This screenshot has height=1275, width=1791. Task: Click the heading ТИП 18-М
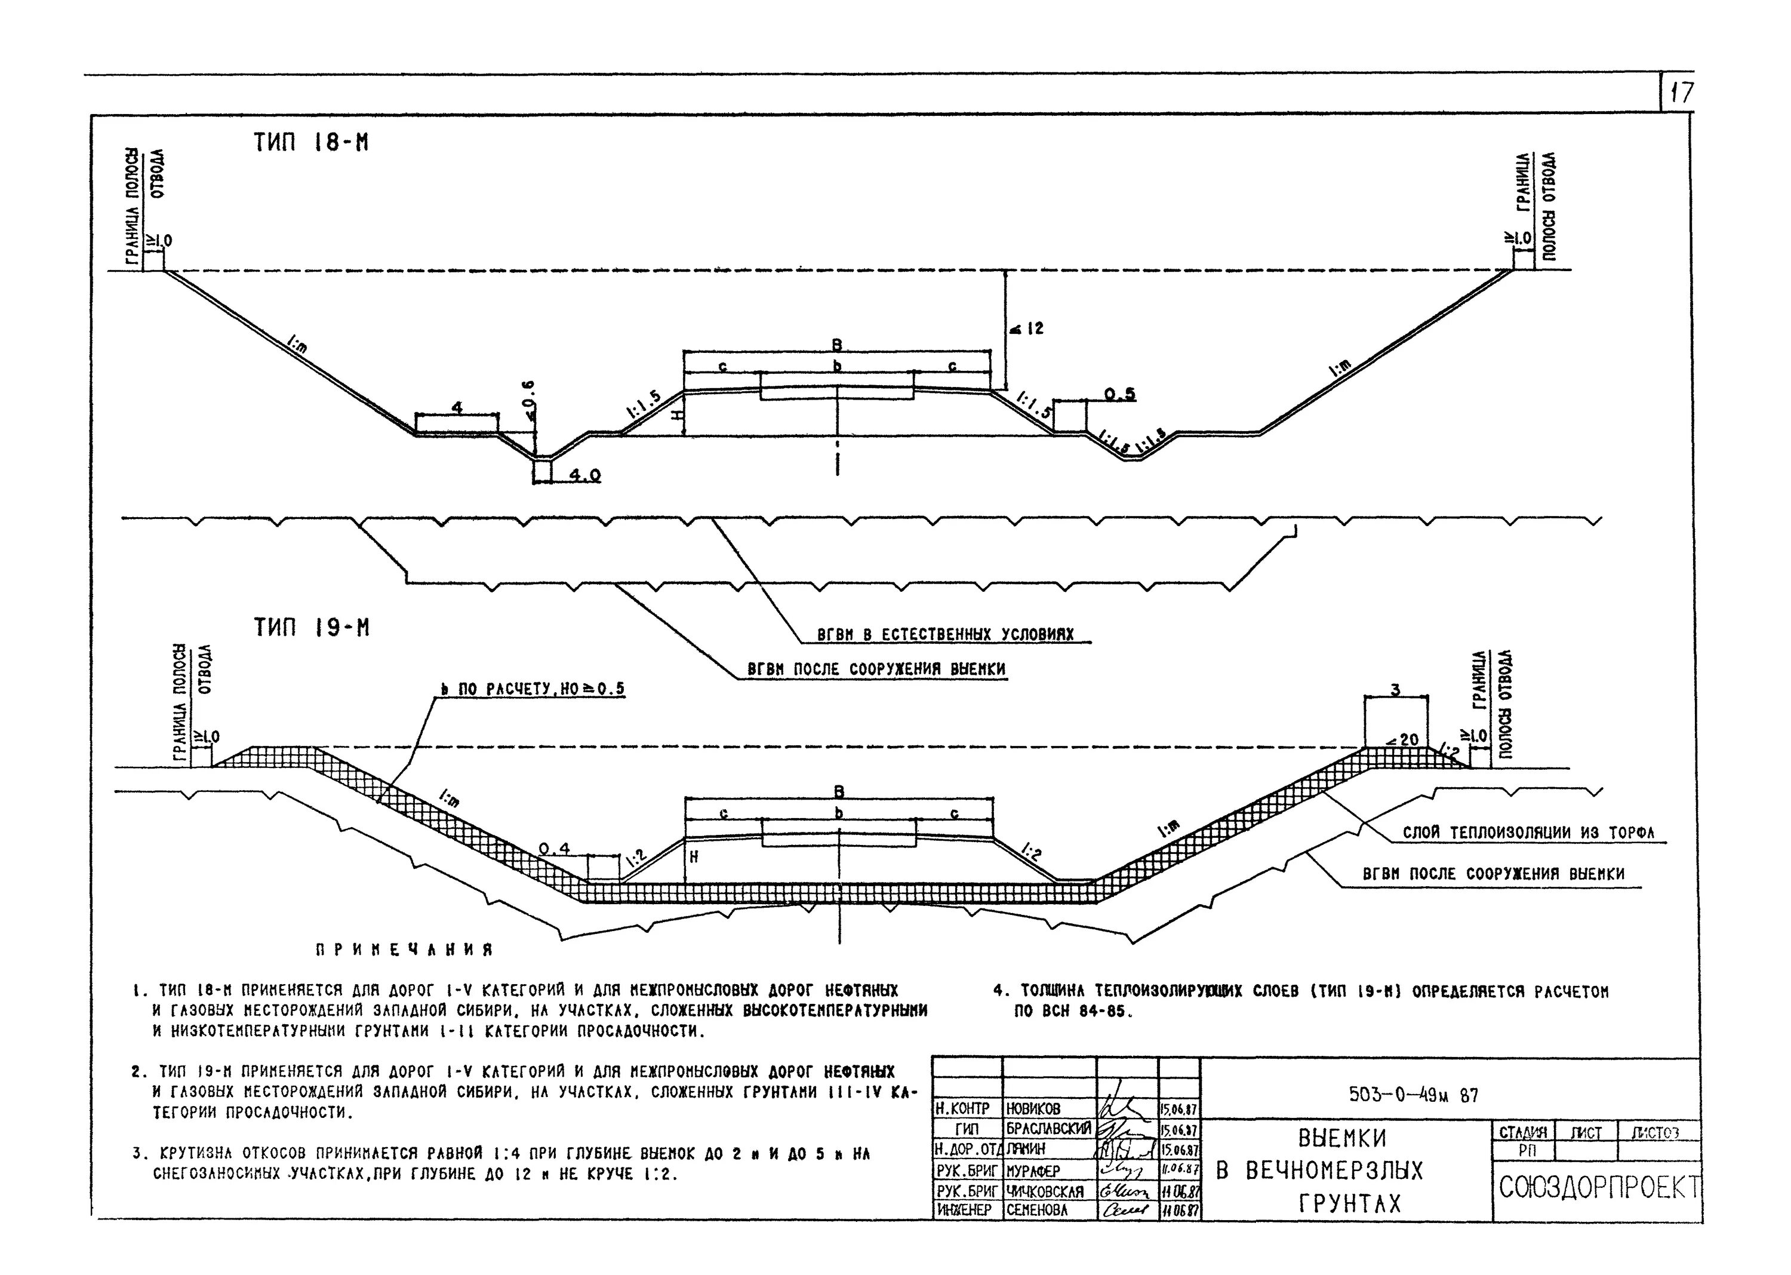tap(311, 143)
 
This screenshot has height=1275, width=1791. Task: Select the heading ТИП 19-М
tap(311, 628)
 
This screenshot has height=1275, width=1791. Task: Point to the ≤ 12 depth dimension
tap(1027, 328)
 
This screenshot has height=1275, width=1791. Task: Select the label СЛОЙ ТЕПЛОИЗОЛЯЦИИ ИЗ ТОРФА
tap(1528, 833)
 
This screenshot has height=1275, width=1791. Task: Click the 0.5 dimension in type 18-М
tap(1120, 394)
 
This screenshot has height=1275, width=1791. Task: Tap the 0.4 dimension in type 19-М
tap(554, 849)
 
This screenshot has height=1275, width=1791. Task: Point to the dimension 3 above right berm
tap(1395, 690)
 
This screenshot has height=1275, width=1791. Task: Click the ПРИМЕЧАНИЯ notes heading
tap(404, 950)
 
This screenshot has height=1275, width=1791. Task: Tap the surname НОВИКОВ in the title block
tap(1033, 1108)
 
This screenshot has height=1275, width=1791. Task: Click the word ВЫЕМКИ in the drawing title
tap(1342, 1138)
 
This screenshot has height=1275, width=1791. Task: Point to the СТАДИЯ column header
tap(1522, 1133)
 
